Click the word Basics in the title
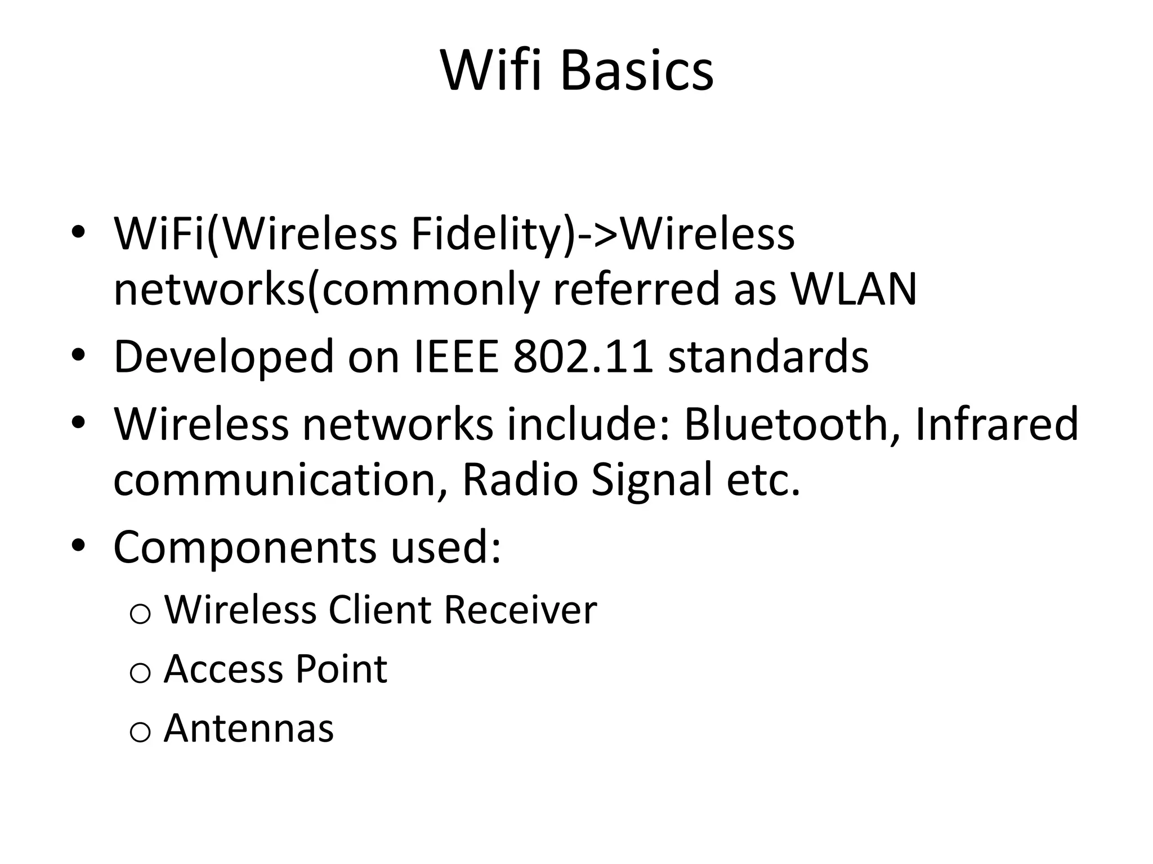pos(637,71)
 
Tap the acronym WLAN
pos(854,289)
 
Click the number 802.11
pos(583,357)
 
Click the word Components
pos(244,548)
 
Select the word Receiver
pos(520,610)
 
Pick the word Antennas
pos(249,728)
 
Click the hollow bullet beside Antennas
pos(140,732)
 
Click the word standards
pos(768,357)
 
